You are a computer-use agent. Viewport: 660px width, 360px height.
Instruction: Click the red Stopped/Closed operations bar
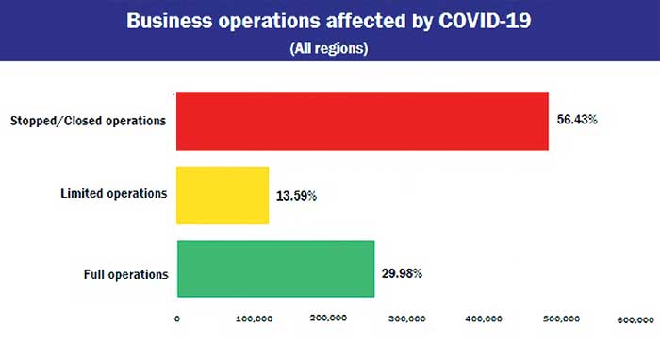[x=362, y=122]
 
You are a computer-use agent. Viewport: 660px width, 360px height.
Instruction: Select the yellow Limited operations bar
[x=223, y=195]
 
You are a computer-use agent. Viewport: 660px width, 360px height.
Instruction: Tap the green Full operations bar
[x=275, y=269]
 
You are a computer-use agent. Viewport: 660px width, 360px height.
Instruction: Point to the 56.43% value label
[x=577, y=122]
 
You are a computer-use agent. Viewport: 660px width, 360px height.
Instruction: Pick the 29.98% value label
[x=403, y=273]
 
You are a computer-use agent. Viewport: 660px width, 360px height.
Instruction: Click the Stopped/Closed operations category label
[x=88, y=121]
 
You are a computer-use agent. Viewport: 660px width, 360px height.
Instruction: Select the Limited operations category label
[x=114, y=194]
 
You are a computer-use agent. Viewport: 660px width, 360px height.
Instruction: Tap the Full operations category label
[x=125, y=275]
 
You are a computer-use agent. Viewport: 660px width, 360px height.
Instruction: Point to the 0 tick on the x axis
[x=177, y=319]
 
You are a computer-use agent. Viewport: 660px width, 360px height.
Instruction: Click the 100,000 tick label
[x=254, y=319]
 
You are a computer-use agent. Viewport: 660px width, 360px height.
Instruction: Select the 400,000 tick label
[x=485, y=319]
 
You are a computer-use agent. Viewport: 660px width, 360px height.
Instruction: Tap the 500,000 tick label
[x=562, y=319]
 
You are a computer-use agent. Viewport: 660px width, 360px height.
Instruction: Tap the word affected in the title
[x=355, y=21]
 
